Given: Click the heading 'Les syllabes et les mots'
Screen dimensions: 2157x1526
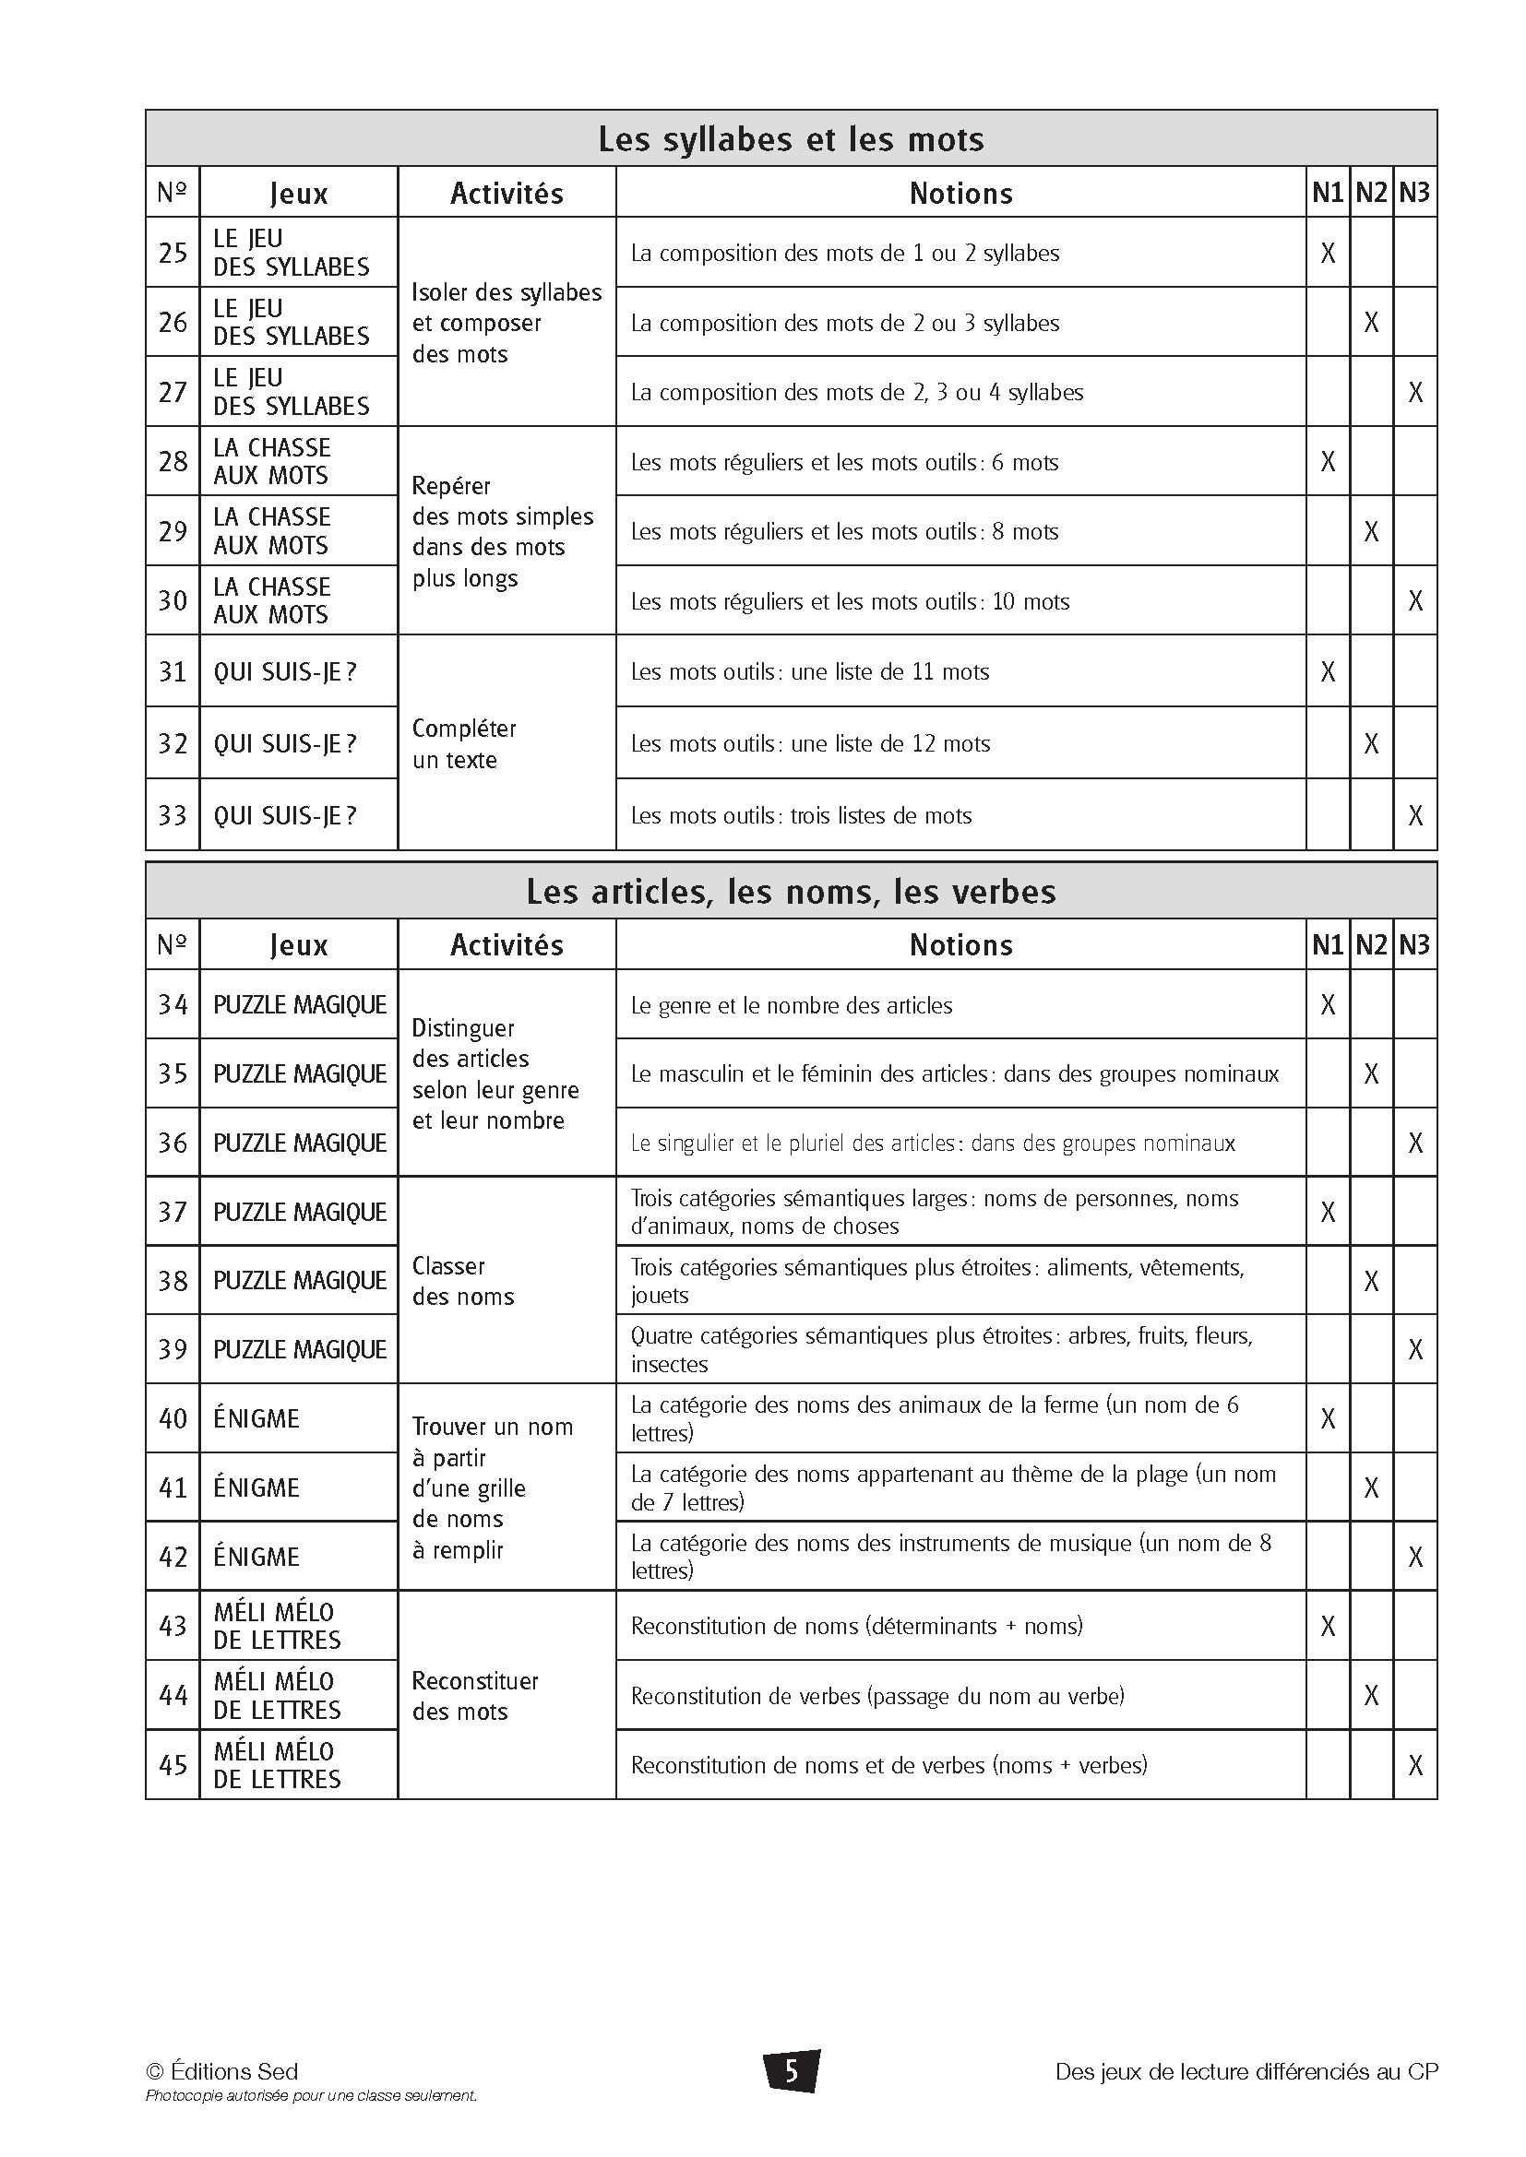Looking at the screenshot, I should coord(791,139).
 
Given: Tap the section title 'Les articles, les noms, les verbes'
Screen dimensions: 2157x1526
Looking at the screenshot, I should coord(791,891).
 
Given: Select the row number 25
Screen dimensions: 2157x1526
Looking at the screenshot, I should coord(173,253).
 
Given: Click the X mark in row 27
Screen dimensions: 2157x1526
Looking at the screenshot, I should coord(1415,392).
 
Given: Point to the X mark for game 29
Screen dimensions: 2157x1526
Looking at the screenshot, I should coord(1371,532).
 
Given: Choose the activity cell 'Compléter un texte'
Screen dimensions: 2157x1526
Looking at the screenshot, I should coord(464,744).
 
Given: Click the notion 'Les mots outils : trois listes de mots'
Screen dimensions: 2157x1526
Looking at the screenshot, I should coord(801,815).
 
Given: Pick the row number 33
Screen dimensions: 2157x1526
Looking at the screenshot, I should coord(173,815).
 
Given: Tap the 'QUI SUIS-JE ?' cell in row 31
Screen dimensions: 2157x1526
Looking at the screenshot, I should coord(285,671).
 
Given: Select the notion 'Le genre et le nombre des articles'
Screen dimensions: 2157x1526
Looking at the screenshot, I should coord(792,1005).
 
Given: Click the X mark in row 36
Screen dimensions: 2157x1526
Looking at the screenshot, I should coord(1415,1144).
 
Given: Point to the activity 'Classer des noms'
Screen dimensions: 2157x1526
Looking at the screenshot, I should coord(463,1282).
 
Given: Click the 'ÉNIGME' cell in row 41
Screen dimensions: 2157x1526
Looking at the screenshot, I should coord(256,1488).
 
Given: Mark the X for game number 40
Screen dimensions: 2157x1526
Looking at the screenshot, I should coord(1328,1418).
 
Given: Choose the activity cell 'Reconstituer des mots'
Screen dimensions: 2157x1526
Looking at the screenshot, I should coord(474,1696).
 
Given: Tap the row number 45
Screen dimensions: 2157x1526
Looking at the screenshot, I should coord(173,1765).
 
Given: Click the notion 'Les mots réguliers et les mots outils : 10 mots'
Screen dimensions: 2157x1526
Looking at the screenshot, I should coord(850,601).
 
